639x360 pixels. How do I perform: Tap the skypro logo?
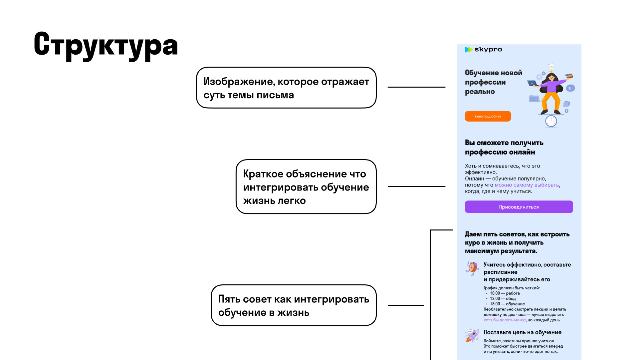point(483,50)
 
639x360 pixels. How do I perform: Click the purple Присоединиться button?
point(519,207)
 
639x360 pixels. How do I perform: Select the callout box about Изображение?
point(286,88)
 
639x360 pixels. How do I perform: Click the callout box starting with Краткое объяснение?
point(306,187)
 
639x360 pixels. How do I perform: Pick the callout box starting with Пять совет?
point(294,305)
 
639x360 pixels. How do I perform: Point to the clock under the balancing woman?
point(551,121)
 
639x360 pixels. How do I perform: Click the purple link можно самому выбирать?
point(527,185)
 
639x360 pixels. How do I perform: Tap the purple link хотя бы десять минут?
point(505,320)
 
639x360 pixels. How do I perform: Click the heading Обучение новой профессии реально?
point(493,82)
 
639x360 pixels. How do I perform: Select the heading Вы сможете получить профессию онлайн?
point(504,147)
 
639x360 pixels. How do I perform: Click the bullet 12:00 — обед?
point(503,299)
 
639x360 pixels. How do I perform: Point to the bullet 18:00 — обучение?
point(507,304)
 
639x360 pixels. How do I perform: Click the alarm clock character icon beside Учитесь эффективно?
point(472,268)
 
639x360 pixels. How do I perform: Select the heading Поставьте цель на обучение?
point(522,332)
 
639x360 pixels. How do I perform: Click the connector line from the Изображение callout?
point(416,87)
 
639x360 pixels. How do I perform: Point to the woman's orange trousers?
point(551,102)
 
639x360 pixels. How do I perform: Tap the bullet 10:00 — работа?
point(505,293)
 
